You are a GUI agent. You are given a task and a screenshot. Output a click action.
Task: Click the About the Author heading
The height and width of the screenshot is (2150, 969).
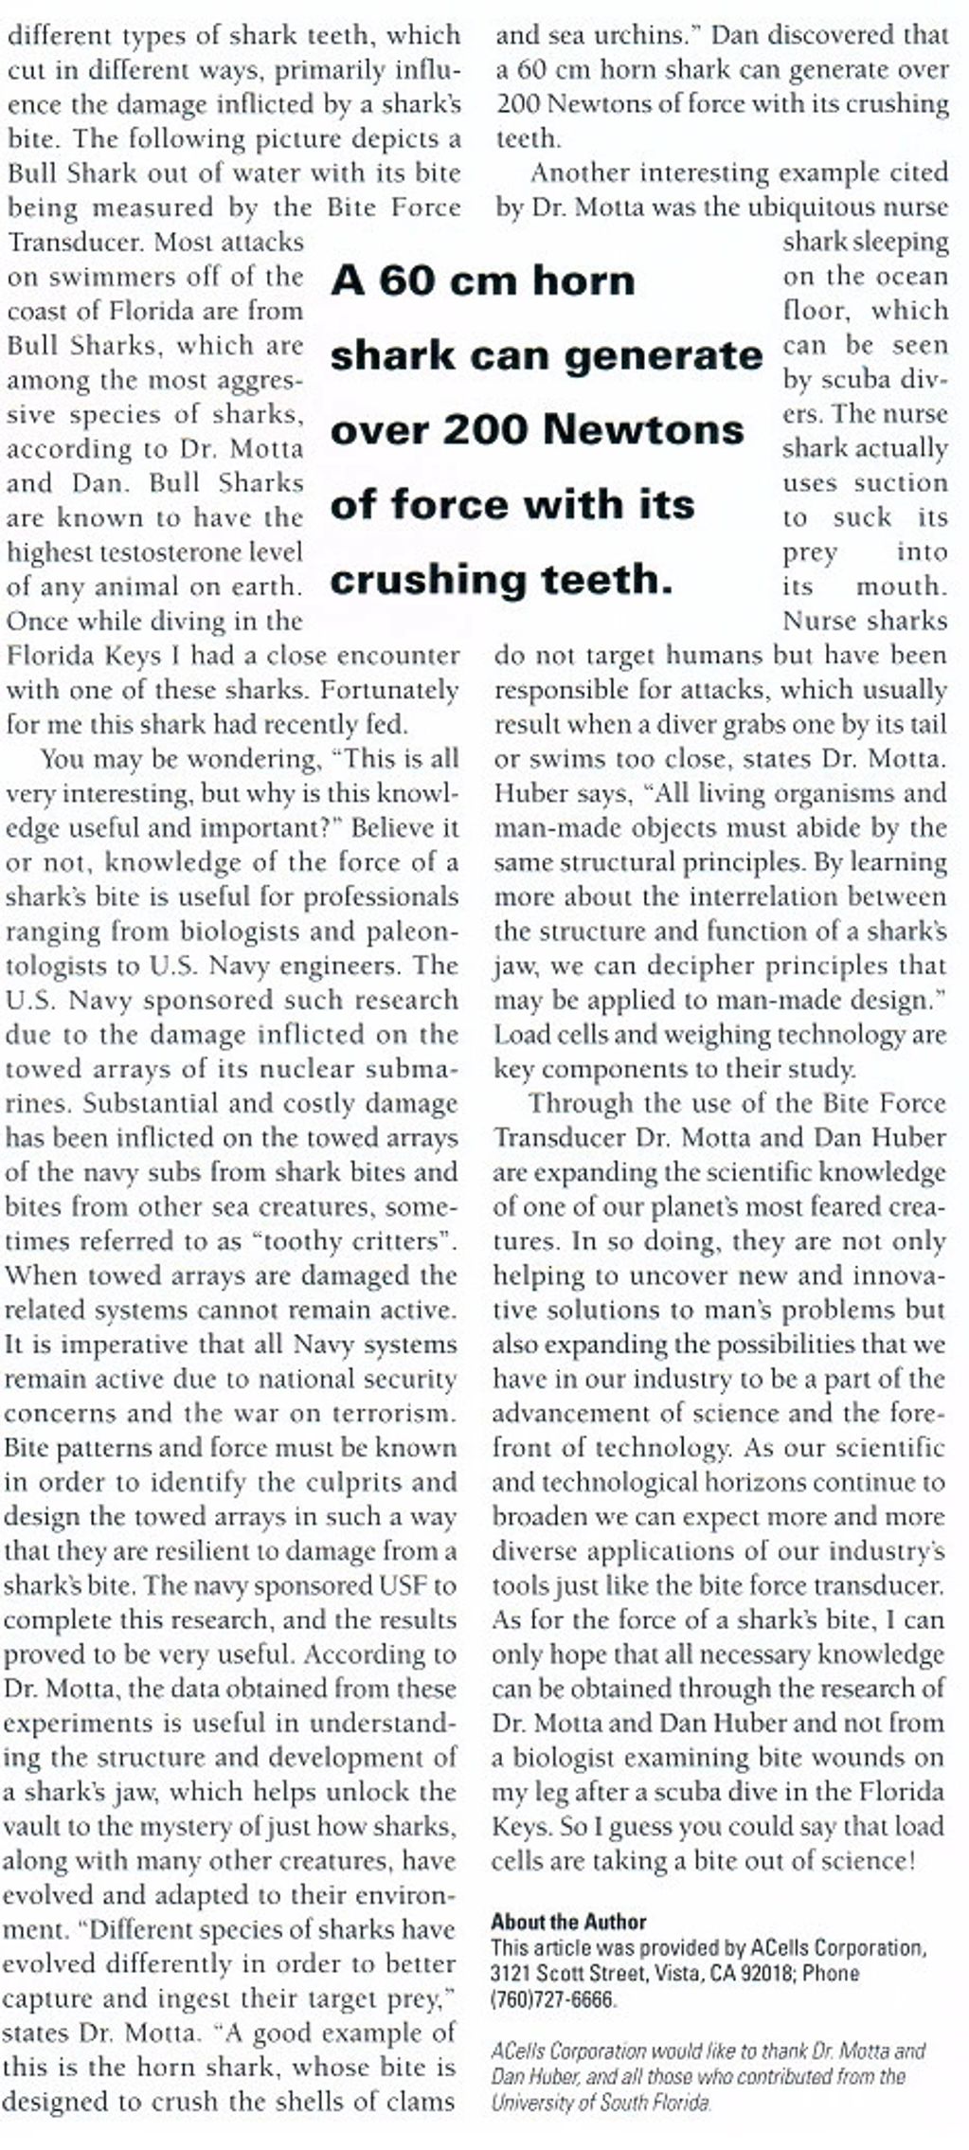click(568, 1922)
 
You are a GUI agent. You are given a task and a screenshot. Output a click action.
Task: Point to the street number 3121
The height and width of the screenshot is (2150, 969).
click(511, 1975)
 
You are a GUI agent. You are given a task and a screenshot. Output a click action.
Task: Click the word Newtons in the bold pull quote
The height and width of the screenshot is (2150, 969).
click(644, 429)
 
